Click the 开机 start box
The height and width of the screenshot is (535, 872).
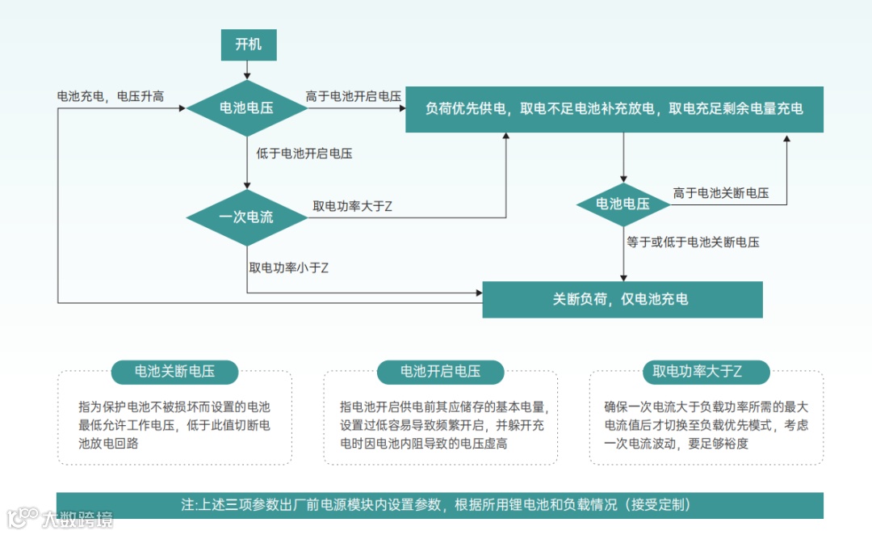[249, 44]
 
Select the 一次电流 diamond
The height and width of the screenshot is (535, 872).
[246, 217]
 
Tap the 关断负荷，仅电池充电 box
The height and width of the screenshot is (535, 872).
[622, 299]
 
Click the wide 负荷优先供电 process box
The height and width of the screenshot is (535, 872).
[614, 108]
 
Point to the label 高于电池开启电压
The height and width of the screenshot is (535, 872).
[354, 96]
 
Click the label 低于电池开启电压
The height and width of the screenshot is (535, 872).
[304, 153]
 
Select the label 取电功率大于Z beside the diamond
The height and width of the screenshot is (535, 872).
[353, 206]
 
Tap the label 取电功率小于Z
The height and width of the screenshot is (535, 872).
[289, 267]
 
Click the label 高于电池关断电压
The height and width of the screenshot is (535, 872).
[721, 193]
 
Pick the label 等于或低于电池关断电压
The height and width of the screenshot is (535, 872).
[693, 242]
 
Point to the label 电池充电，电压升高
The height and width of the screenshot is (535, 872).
[111, 96]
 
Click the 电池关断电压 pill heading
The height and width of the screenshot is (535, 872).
[174, 372]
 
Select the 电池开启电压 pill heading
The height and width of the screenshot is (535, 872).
[440, 372]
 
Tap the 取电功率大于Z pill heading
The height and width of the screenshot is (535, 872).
[706, 372]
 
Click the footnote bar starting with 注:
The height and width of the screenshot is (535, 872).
[439, 505]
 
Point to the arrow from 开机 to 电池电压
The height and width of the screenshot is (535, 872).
[248, 70]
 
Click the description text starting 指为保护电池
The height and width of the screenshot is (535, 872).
[174, 424]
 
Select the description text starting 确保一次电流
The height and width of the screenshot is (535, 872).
[706, 424]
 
